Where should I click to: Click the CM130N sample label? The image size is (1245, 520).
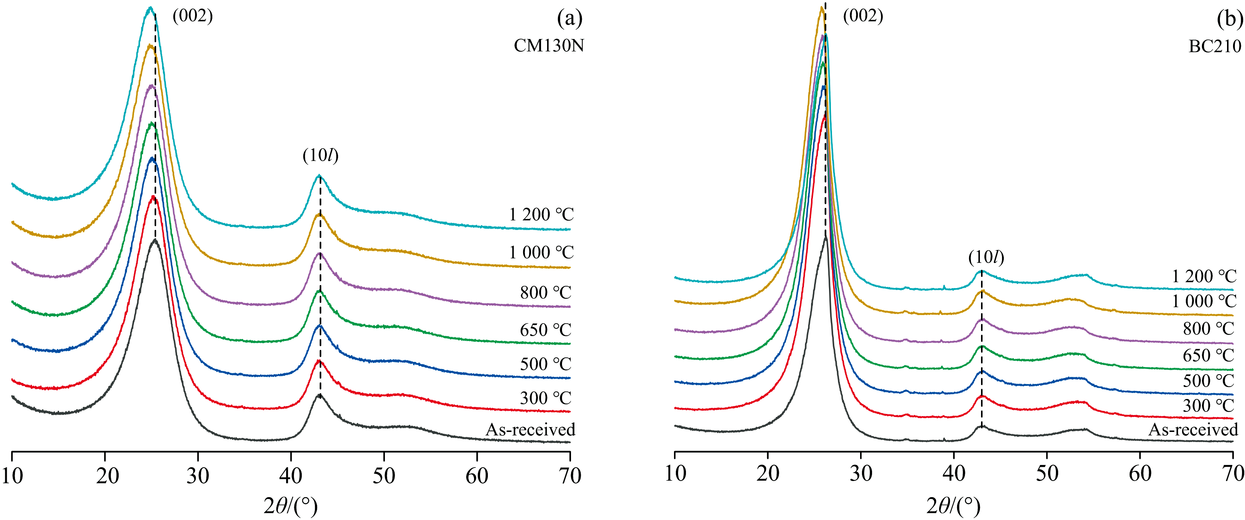coord(549,45)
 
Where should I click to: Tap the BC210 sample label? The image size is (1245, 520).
coord(1215,46)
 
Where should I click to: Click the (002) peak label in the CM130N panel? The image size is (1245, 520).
coord(192,16)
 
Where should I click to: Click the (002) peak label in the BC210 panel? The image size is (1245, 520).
coord(863,16)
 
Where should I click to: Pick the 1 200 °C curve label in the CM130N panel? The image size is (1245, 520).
coord(541,214)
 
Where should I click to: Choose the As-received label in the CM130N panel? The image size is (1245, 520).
coord(530,430)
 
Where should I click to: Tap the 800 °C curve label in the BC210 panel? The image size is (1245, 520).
coord(1208,329)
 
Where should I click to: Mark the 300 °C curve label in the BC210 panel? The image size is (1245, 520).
coord(1208,405)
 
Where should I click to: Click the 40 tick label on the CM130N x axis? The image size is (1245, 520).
coord(291,476)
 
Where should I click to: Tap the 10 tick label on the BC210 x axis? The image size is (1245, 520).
coord(675,474)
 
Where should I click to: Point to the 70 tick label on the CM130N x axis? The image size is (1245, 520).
coord(570,476)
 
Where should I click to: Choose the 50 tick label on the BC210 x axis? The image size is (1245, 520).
coord(1047,474)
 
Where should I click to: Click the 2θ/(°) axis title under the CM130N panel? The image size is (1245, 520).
coord(291,506)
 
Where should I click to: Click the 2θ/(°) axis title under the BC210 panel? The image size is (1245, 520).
coord(953,506)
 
